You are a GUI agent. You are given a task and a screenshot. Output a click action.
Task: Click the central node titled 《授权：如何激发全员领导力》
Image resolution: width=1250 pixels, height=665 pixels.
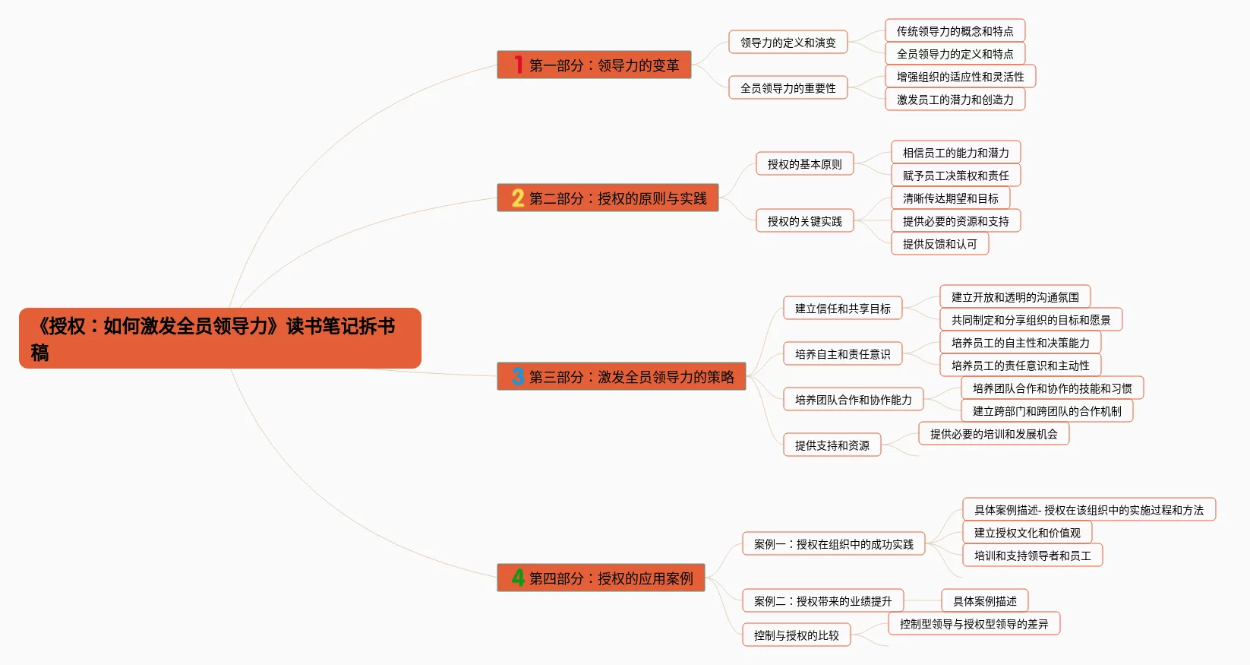tap(219, 338)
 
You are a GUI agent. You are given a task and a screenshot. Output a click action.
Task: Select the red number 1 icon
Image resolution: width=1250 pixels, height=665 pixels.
tap(518, 65)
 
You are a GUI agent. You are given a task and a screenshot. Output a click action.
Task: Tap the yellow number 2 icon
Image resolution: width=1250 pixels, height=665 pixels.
tap(518, 198)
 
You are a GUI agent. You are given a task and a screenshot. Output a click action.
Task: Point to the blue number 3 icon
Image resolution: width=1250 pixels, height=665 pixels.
tap(518, 376)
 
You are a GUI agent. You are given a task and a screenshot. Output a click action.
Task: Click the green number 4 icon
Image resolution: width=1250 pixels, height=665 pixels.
tap(518, 578)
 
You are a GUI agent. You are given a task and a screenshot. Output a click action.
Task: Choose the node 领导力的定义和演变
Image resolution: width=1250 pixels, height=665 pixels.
tap(788, 43)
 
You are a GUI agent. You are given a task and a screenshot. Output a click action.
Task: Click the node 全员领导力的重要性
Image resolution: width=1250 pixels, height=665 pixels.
tap(788, 88)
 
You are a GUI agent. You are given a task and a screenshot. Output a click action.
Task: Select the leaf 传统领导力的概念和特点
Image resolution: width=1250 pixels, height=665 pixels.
tap(955, 31)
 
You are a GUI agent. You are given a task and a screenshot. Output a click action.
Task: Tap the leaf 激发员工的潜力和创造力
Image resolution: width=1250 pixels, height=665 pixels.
tap(955, 100)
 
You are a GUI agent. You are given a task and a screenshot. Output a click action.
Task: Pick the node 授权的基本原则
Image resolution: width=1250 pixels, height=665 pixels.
tap(804, 164)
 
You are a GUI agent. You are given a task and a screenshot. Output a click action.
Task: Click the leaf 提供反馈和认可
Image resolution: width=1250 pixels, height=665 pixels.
tap(939, 244)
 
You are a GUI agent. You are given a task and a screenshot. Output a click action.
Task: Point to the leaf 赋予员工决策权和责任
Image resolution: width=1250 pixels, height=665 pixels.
tap(955, 176)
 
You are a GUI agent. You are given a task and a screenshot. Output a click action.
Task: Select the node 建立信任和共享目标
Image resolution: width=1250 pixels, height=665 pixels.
tap(842, 309)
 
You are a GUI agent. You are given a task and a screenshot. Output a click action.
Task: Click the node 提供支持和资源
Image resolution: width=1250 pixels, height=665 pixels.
tap(832, 445)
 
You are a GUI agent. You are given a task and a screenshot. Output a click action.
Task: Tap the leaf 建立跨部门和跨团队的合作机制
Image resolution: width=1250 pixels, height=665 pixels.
tap(1046, 411)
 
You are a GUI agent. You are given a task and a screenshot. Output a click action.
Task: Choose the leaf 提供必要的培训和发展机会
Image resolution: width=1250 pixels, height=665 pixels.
tap(993, 434)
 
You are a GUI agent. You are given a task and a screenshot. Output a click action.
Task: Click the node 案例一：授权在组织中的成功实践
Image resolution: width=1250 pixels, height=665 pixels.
tap(833, 544)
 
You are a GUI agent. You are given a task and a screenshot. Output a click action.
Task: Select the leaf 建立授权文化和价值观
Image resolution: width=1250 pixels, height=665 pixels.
tap(1027, 533)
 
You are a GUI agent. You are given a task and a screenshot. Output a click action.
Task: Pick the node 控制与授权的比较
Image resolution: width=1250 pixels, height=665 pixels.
tap(796, 635)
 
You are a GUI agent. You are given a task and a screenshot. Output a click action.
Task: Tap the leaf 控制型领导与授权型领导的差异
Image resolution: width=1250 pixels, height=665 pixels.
tap(974, 624)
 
